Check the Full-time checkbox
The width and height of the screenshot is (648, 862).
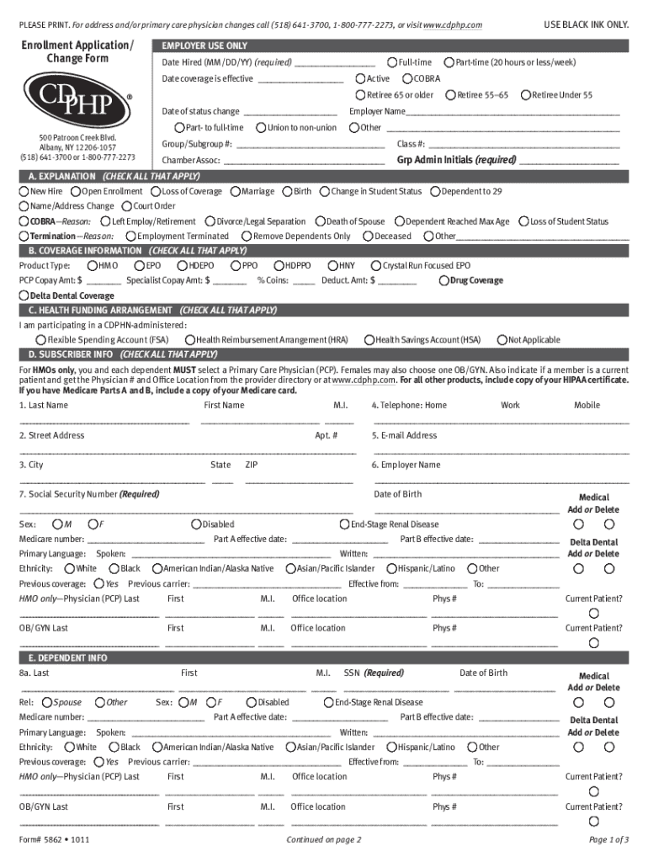point(392,62)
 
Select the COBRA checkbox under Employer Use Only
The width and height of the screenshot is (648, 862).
point(407,78)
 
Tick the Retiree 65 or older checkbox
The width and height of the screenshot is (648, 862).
point(361,95)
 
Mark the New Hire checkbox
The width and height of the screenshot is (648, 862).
point(24,192)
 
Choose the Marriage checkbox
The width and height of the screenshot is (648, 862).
point(235,192)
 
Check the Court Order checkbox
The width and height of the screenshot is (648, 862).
point(127,206)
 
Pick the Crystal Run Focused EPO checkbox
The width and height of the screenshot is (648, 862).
point(376,266)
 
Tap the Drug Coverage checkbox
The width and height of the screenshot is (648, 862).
point(444,280)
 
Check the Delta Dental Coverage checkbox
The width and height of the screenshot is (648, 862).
point(24,296)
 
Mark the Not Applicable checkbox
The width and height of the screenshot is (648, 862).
point(502,340)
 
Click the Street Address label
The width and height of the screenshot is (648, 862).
point(51,436)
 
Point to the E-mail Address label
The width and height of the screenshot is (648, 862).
point(404,436)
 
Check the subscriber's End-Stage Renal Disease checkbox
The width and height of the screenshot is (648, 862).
point(344,524)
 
